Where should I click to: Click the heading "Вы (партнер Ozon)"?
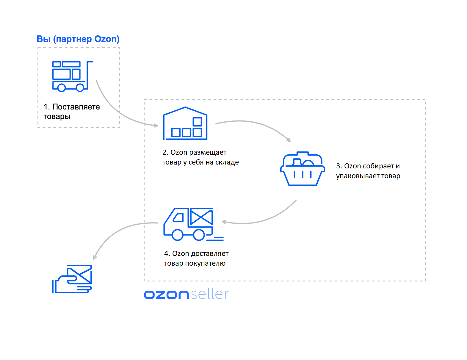point(78,39)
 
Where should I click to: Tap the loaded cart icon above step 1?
point(72,76)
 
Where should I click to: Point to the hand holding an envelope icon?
point(72,279)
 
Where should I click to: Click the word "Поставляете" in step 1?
point(76,107)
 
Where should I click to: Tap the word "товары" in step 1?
point(57,116)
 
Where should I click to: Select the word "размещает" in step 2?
point(208,152)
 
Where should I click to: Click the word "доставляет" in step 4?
point(209,253)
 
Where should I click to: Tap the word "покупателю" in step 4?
point(205,263)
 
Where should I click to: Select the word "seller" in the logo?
point(209,294)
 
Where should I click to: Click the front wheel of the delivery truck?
point(178,235)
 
